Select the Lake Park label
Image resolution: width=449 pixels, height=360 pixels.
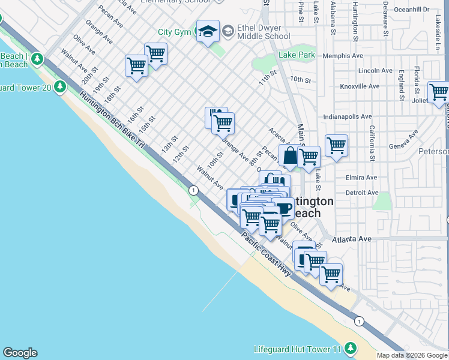click(297, 55)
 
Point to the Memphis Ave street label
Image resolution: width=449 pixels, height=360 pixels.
click(343, 56)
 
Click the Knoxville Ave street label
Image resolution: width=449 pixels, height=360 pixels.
click(360, 86)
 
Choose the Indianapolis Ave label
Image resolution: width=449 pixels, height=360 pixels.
click(347, 117)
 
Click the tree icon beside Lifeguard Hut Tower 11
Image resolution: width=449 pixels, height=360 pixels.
click(351, 349)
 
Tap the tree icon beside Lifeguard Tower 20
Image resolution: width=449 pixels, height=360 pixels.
click(59, 87)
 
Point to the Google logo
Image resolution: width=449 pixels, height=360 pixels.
click(20, 353)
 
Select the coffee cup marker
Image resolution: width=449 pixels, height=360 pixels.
click(283, 208)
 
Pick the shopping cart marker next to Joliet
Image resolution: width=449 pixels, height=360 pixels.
click(438, 92)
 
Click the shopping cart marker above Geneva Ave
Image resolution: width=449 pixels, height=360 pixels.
click(336, 145)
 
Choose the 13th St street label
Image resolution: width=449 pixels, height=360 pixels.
click(169, 144)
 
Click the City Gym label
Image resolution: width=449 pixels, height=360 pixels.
click(173, 32)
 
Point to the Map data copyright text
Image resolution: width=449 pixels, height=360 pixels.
click(412, 355)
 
